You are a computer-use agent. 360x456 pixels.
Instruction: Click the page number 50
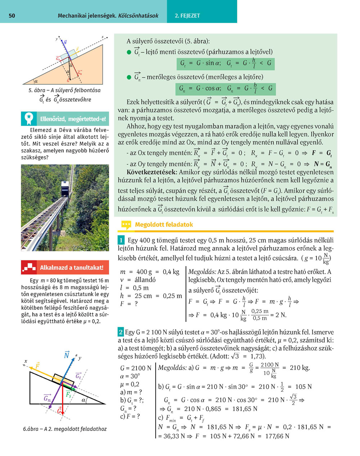pyautogui.click(x=12, y=15)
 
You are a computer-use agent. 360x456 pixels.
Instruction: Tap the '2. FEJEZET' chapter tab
pyautogui.click(x=187, y=15)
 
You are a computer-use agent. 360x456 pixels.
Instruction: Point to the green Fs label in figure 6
pyautogui.click(x=69, y=394)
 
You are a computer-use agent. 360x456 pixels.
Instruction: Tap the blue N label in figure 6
pyautogui.click(x=67, y=355)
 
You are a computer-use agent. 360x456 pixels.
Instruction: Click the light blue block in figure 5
pyautogui.click(x=70, y=54)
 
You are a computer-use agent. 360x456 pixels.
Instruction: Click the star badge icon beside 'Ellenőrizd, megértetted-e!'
pyautogui.click(x=29, y=118)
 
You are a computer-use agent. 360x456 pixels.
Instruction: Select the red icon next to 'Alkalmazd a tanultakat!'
pyautogui.click(x=29, y=267)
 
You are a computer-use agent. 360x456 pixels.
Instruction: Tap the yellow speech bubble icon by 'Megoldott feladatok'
pyautogui.click(x=126, y=225)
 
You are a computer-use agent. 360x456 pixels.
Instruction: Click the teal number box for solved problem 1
pyautogui.click(x=121, y=240)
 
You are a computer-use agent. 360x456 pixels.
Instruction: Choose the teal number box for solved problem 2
pyautogui.click(x=121, y=332)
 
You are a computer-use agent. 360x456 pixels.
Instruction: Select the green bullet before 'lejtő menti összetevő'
pyautogui.click(x=129, y=52)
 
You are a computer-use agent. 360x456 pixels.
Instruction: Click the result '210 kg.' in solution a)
pyautogui.click(x=300, y=368)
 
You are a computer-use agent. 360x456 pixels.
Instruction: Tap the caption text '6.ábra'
pyautogui.click(x=31, y=429)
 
